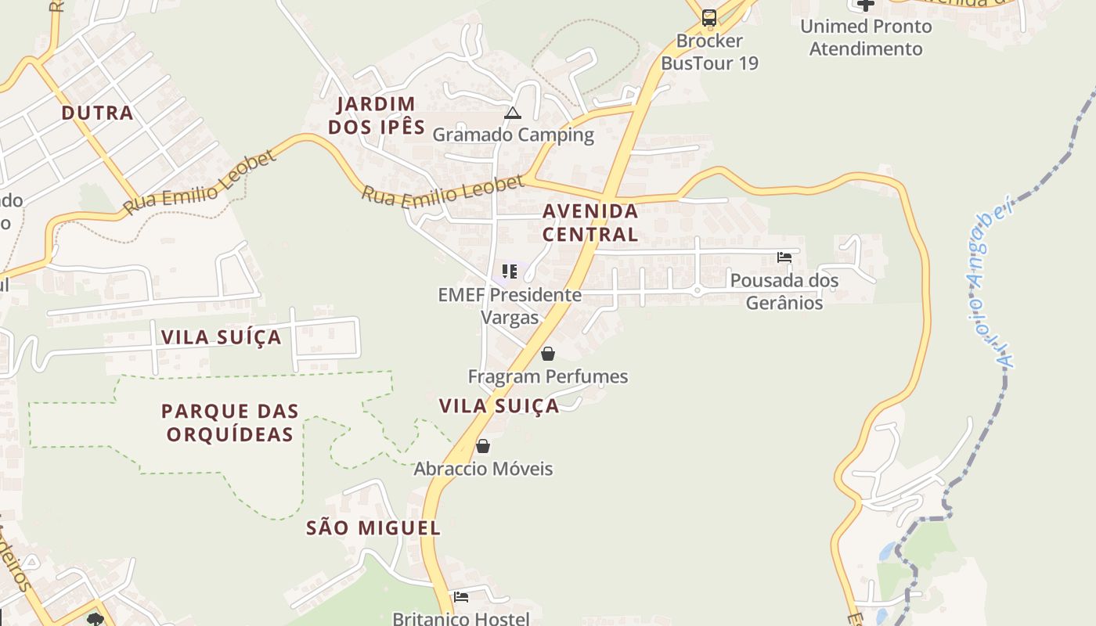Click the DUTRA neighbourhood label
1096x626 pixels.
point(97,113)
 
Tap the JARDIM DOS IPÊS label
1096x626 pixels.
point(377,115)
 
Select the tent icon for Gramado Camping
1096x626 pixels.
point(513,113)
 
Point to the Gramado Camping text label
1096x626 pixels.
point(513,135)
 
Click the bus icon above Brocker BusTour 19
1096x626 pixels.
point(709,17)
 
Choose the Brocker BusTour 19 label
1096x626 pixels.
point(709,52)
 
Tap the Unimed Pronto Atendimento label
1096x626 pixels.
point(866,38)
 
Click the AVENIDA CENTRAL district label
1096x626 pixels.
point(590,222)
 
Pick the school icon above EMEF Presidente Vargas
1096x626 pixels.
point(510,272)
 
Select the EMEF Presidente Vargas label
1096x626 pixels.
point(510,306)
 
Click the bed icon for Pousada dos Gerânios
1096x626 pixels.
point(784,257)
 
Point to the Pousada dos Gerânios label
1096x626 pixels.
point(784,291)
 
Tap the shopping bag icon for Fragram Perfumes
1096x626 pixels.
point(548,354)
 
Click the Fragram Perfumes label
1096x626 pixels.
point(548,376)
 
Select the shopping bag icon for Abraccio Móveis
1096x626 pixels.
point(483,446)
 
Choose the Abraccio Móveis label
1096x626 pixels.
point(483,469)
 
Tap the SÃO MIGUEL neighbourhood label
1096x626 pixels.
point(373,528)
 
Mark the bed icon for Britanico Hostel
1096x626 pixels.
point(461,597)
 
